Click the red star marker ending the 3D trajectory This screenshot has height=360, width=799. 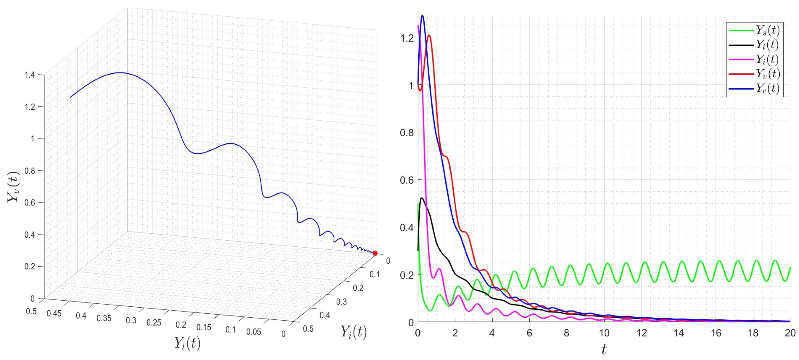[x=375, y=253]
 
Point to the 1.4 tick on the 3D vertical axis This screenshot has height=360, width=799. [x=31, y=75]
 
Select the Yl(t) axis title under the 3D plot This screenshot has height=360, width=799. [x=187, y=343]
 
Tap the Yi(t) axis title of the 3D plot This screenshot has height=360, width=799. [x=353, y=332]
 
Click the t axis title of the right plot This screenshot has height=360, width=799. [x=604, y=349]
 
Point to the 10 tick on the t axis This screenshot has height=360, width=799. [x=604, y=333]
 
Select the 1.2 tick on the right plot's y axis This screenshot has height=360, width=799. [x=407, y=38]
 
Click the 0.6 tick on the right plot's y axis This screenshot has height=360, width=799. [x=407, y=180]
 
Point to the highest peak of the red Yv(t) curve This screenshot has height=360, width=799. [x=429, y=35]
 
